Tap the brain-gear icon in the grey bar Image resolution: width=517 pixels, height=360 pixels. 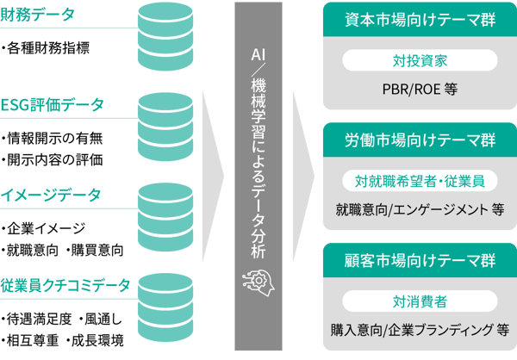(x=258, y=279)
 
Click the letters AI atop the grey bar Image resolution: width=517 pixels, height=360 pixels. (x=258, y=53)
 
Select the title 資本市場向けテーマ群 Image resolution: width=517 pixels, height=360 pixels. (x=418, y=19)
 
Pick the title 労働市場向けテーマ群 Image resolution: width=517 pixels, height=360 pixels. (x=418, y=140)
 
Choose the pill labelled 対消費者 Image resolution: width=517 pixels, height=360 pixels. (x=418, y=301)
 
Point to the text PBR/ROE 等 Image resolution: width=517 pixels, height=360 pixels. (x=418, y=87)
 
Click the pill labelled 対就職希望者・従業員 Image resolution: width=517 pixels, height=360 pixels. (x=418, y=181)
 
